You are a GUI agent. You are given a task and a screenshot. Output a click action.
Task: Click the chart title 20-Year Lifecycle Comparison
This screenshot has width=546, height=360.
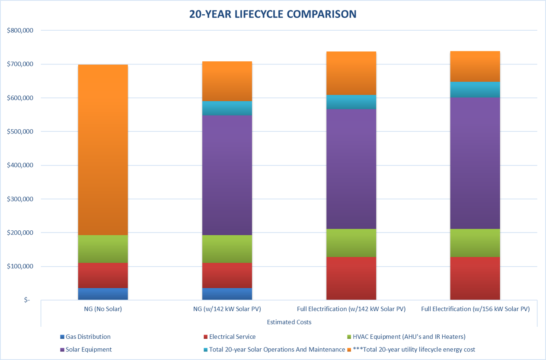pos(273,14)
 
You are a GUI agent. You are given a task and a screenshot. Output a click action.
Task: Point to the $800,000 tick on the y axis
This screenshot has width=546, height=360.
pos(20,31)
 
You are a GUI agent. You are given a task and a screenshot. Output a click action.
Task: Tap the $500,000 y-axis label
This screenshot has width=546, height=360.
pos(20,132)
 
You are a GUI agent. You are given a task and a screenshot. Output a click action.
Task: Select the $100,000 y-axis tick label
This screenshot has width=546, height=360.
pos(20,267)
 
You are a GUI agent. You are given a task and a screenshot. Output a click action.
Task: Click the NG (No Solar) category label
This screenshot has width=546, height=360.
pos(102,309)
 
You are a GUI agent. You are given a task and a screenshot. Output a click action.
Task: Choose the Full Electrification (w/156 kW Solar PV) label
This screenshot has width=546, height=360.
pos(475,309)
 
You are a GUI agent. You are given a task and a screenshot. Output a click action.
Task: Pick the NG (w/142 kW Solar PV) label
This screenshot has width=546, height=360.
pos(227,309)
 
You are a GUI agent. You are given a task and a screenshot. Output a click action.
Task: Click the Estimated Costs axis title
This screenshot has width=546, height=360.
pos(289,322)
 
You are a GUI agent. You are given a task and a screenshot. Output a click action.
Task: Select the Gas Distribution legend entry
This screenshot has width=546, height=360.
pos(88,337)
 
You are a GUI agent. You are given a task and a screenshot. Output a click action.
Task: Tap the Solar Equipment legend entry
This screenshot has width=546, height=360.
pos(88,349)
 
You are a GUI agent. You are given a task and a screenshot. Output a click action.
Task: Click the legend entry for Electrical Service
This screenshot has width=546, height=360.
pos(232,337)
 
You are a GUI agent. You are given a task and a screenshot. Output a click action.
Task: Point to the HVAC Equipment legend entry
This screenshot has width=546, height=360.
pos(409,337)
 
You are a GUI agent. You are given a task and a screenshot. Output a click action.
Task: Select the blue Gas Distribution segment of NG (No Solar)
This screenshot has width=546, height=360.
pos(102,294)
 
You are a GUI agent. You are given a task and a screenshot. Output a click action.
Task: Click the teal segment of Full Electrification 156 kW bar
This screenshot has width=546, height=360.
pos(475,89)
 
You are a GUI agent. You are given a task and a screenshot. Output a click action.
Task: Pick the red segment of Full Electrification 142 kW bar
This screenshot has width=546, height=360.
pos(351,278)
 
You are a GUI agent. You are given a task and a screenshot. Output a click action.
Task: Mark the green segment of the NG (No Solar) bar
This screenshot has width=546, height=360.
pos(102,249)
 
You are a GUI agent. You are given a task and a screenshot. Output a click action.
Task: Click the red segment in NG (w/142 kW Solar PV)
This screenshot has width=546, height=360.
pos(227,275)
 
